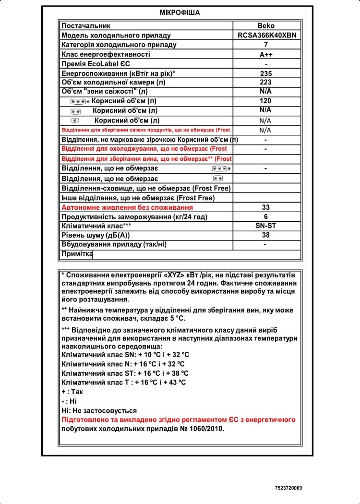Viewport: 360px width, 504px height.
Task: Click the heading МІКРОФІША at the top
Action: pyautogui.click(x=180, y=13)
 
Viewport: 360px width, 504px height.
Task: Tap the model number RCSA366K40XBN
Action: pyautogui.click(x=267, y=36)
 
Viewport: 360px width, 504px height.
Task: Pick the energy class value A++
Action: pyautogui.click(x=266, y=55)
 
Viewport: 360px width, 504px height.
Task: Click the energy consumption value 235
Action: pyautogui.click(x=266, y=74)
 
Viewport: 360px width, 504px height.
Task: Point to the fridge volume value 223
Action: pyautogui.click(x=265, y=83)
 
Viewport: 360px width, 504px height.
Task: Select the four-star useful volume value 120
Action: pyautogui.click(x=265, y=101)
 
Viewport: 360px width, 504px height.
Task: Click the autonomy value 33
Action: pyautogui.click(x=266, y=207)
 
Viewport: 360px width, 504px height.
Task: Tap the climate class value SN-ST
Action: pyautogui.click(x=266, y=226)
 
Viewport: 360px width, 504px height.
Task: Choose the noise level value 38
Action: pyautogui.click(x=266, y=235)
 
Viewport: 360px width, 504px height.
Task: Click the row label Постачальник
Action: pyautogui.click(x=86, y=26)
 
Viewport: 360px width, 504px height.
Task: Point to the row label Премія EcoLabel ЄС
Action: pyautogui.click(x=96, y=64)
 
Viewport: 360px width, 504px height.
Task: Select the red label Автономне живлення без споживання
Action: pyautogui.click(x=127, y=207)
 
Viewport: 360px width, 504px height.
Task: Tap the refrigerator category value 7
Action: pyautogui.click(x=266, y=45)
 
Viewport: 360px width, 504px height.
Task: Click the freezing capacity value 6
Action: pyautogui.click(x=266, y=216)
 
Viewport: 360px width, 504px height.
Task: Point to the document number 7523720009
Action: pyautogui.click(x=288, y=488)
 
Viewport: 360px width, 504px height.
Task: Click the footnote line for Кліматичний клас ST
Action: pyautogui.click(x=125, y=373)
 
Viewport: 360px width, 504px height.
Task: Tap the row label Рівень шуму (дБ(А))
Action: pyautogui.click(x=96, y=235)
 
